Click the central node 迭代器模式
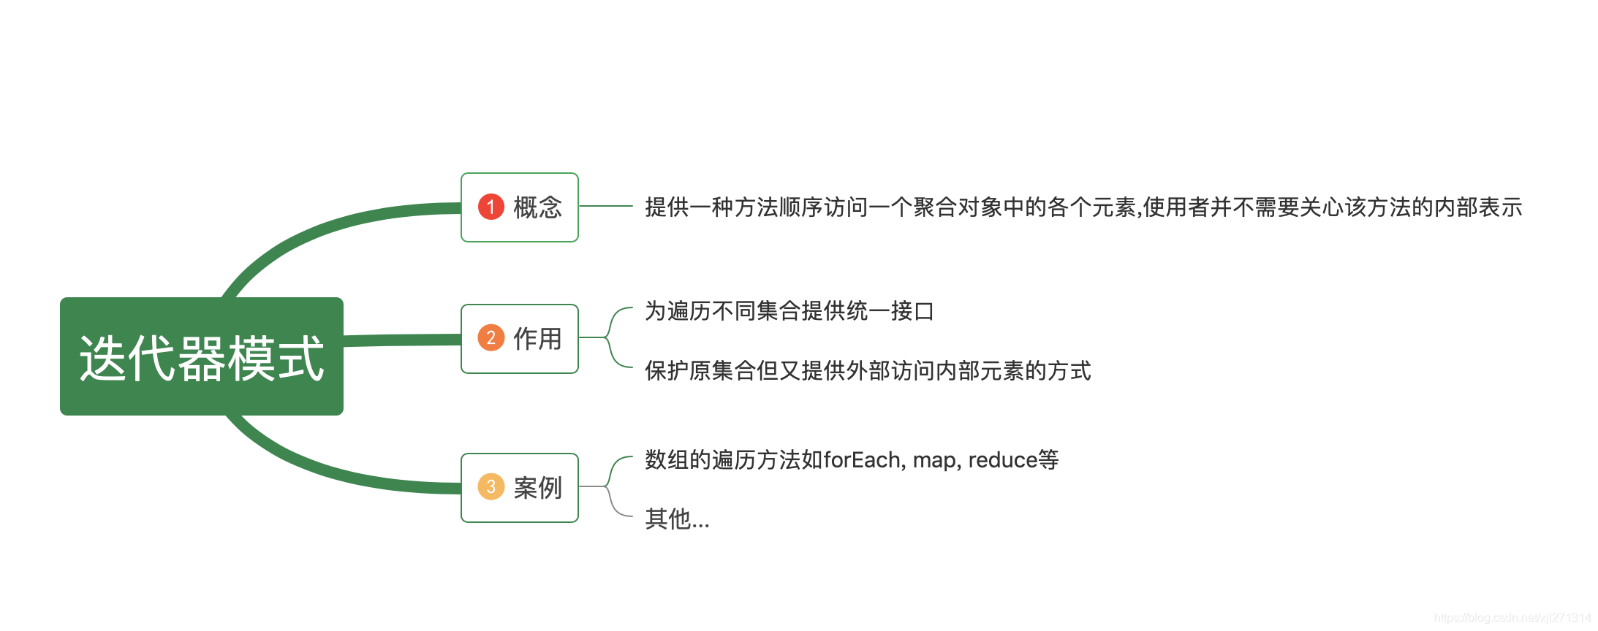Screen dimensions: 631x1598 (x=201, y=357)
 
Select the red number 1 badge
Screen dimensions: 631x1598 (x=491, y=207)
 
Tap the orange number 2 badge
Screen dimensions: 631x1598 (x=491, y=338)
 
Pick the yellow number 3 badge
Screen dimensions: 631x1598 (x=491, y=487)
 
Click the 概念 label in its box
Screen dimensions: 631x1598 (x=537, y=207)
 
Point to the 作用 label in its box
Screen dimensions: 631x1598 (x=537, y=339)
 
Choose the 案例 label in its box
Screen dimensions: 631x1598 (x=537, y=488)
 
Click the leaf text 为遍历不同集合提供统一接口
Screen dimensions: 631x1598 (x=789, y=311)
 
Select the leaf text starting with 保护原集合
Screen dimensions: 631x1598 (x=867, y=371)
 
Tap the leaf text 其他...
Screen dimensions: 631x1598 (x=676, y=519)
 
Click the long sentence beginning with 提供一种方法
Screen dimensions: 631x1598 (x=1083, y=207)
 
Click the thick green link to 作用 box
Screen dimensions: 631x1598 (x=402, y=340)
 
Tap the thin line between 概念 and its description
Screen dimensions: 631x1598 (x=605, y=207)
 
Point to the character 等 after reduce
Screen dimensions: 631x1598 (x=1048, y=460)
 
